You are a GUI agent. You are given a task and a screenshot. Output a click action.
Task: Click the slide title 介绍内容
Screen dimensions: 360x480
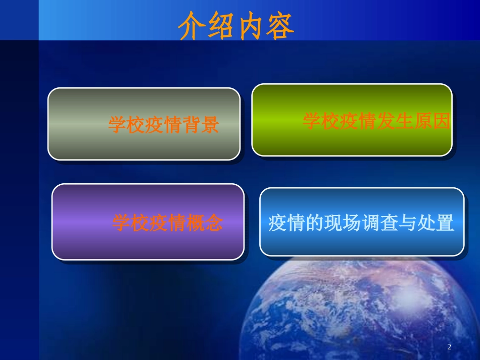click(236, 26)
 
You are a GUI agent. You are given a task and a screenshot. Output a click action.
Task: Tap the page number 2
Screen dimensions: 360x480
click(449, 347)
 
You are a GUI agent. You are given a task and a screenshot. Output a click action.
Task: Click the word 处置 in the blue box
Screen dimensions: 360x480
click(436, 223)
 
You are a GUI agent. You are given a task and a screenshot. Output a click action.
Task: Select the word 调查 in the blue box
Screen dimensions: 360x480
click(380, 223)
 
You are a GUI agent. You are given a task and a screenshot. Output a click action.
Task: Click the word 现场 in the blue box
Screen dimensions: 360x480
click(343, 223)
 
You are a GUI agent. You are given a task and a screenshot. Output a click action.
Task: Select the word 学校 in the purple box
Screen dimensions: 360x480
click(130, 223)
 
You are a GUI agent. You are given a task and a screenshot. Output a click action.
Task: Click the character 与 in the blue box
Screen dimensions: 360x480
click(408, 223)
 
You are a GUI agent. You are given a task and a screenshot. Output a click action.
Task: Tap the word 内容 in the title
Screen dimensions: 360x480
click(265, 26)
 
